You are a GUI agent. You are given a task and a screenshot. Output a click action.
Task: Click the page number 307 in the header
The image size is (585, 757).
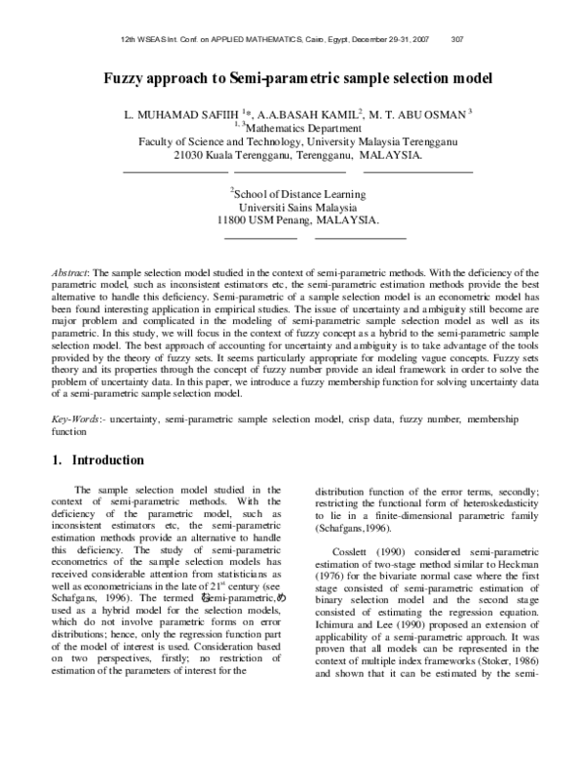(458, 40)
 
